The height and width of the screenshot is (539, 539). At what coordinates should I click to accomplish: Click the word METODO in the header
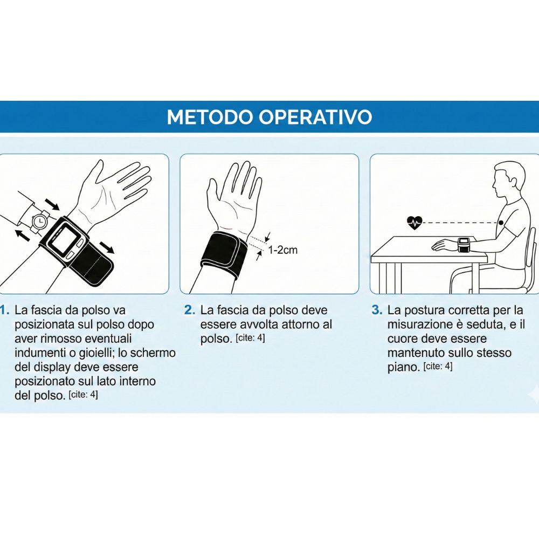click(211, 117)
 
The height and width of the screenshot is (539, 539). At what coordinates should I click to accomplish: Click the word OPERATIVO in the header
click(316, 117)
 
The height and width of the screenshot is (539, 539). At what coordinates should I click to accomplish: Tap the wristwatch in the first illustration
click(40, 222)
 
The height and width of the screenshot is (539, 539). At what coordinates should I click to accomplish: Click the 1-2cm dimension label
click(283, 250)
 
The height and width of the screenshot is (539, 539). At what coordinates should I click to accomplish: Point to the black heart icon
click(414, 223)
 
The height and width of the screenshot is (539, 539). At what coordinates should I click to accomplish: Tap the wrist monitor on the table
click(463, 245)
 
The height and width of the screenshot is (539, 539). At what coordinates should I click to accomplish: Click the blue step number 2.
click(190, 310)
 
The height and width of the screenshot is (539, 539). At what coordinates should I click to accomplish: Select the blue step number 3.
click(377, 310)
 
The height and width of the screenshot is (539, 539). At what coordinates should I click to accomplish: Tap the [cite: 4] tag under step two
click(250, 338)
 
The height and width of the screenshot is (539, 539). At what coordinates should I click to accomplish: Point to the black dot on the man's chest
click(501, 223)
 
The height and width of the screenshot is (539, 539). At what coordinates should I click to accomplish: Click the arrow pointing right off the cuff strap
click(107, 247)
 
